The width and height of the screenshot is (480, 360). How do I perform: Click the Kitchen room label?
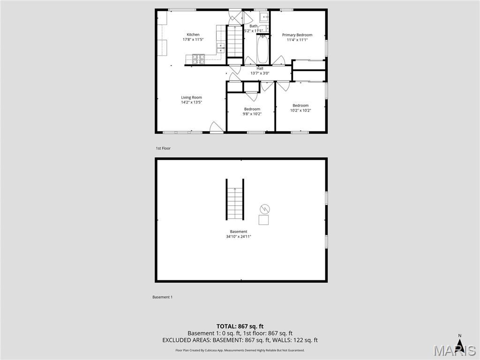pos(193,34)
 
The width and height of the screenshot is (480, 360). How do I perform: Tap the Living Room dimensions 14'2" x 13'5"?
pos(191,102)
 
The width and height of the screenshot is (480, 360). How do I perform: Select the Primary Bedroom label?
pos(297,35)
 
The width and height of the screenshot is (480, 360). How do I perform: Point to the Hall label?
pos(260,68)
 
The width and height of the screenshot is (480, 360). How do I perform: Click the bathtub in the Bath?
pos(262,50)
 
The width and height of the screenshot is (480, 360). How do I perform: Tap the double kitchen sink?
pos(220,47)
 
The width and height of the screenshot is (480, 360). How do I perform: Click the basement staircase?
pos(235,199)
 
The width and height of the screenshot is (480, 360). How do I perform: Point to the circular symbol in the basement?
pos(264,209)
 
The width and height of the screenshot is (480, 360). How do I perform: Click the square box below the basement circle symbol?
pos(264,219)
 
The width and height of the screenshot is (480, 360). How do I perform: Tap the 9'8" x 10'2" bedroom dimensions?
pos(252,113)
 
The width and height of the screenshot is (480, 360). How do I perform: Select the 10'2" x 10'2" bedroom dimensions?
pos(300,111)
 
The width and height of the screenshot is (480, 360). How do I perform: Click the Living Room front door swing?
pos(215,127)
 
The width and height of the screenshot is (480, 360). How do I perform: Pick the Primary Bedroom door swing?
pos(279,60)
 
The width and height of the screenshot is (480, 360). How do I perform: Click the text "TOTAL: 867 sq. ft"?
pos(240,326)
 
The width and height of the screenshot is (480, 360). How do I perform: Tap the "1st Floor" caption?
pos(163,148)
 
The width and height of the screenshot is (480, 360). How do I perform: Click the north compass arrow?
pos(460,345)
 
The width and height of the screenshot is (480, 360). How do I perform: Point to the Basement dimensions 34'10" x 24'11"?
pos(239,237)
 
